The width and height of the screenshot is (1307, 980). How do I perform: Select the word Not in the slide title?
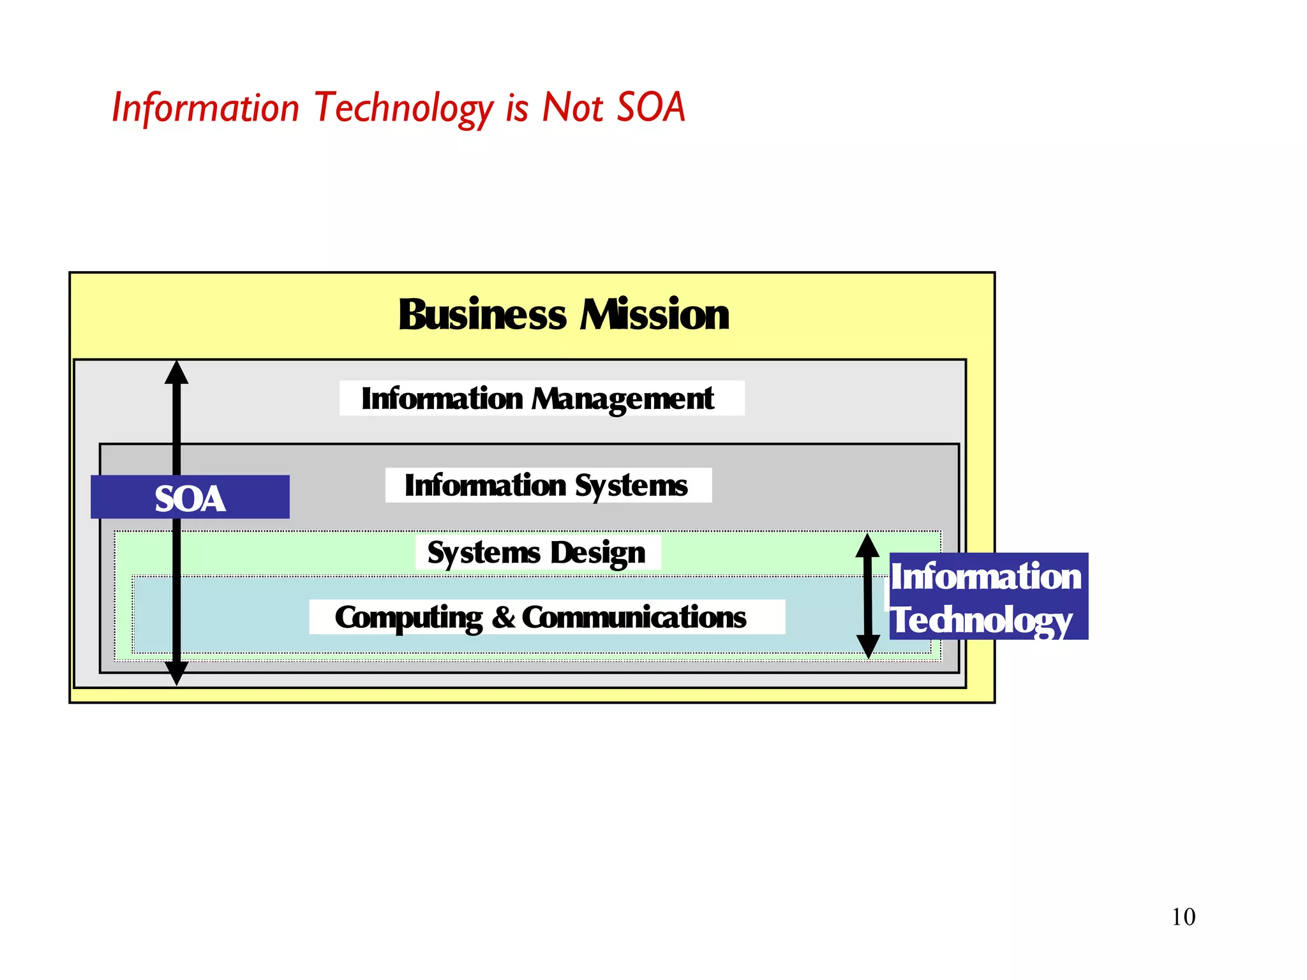[572, 107]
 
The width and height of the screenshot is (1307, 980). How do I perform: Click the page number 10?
[1183, 917]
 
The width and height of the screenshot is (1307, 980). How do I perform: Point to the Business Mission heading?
[564, 315]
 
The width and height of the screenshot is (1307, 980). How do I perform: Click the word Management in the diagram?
[623, 399]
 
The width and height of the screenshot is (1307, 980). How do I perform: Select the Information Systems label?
[548, 486]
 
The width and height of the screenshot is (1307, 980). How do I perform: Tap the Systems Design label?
[537, 553]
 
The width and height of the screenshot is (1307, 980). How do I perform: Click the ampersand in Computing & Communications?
[504, 617]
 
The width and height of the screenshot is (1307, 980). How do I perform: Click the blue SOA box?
[190, 498]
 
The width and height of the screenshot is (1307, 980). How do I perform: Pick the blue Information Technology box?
[988, 597]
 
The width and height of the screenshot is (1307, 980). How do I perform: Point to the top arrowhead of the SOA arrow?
[177, 373]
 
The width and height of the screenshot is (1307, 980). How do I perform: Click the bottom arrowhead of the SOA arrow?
[177, 673]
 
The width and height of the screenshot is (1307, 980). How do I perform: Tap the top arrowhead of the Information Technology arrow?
[867, 546]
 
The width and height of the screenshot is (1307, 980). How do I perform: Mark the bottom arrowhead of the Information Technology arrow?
[867, 646]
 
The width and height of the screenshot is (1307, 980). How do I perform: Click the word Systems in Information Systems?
[631, 486]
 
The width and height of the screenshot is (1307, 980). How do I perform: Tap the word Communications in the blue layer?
[634, 617]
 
